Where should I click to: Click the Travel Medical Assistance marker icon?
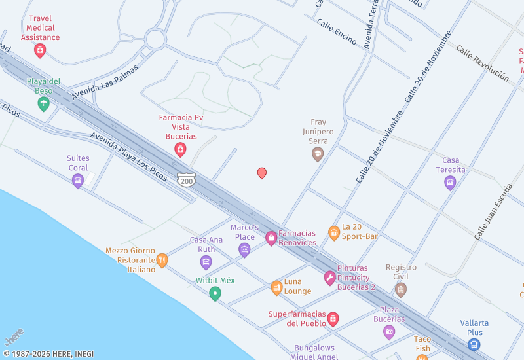click(x=40, y=50)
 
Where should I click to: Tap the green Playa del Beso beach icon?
click(x=44, y=103)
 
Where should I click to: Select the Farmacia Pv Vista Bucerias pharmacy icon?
click(x=179, y=150)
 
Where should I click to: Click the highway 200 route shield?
click(x=187, y=179)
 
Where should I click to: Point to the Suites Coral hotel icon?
click(x=78, y=180)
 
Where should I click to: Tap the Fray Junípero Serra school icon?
click(x=318, y=154)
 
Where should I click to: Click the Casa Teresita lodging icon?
click(x=450, y=182)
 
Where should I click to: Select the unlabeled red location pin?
click(x=262, y=173)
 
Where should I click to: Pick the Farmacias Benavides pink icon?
click(x=271, y=238)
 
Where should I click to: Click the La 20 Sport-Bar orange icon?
click(x=334, y=232)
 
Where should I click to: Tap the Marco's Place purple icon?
click(x=244, y=249)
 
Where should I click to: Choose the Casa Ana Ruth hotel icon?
click(x=206, y=262)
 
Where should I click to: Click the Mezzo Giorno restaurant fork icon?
click(x=162, y=260)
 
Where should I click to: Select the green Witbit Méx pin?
click(x=215, y=293)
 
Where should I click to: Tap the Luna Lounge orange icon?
click(x=277, y=287)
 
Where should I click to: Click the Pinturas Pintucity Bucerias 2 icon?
click(x=329, y=278)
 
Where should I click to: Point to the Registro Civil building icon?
click(x=401, y=289)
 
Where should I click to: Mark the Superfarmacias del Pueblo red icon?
click(x=333, y=319)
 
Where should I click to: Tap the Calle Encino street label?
click(x=336, y=31)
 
